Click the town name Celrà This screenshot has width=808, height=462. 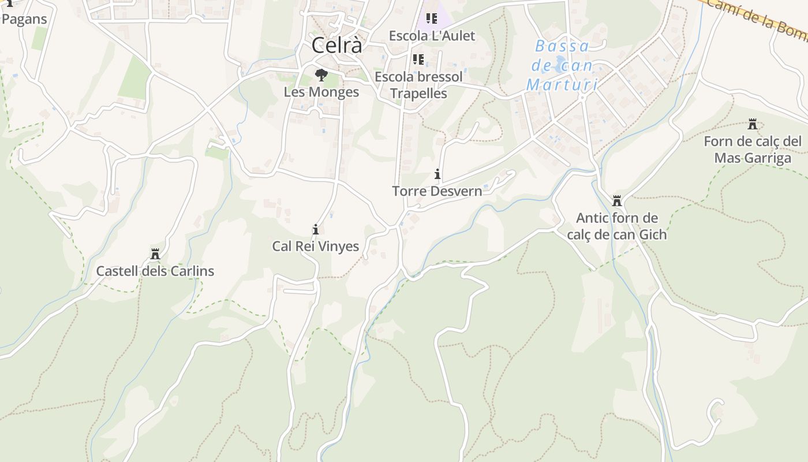(337, 45)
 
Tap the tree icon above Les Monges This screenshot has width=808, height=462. (321, 75)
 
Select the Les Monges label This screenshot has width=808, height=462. (321, 92)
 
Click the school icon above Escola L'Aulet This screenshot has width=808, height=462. (432, 19)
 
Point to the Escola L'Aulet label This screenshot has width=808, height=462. (432, 36)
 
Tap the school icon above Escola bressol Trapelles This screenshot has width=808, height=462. (418, 59)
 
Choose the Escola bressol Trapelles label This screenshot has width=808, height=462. (418, 85)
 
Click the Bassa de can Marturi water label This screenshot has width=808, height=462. (562, 65)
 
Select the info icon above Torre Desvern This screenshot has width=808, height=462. (437, 174)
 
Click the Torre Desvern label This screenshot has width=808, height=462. (437, 191)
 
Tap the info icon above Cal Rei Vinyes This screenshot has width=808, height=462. (315, 229)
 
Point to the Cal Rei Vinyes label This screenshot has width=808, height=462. (315, 247)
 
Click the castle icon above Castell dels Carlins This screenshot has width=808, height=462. (155, 254)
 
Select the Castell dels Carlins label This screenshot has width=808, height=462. (155, 271)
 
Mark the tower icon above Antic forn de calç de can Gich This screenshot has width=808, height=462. (616, 201)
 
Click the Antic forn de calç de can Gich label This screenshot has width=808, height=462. (616, 226)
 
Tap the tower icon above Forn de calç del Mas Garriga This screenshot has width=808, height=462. (752, 124)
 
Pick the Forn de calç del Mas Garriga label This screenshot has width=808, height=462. (752, 150)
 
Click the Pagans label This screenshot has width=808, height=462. (24, 18)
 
